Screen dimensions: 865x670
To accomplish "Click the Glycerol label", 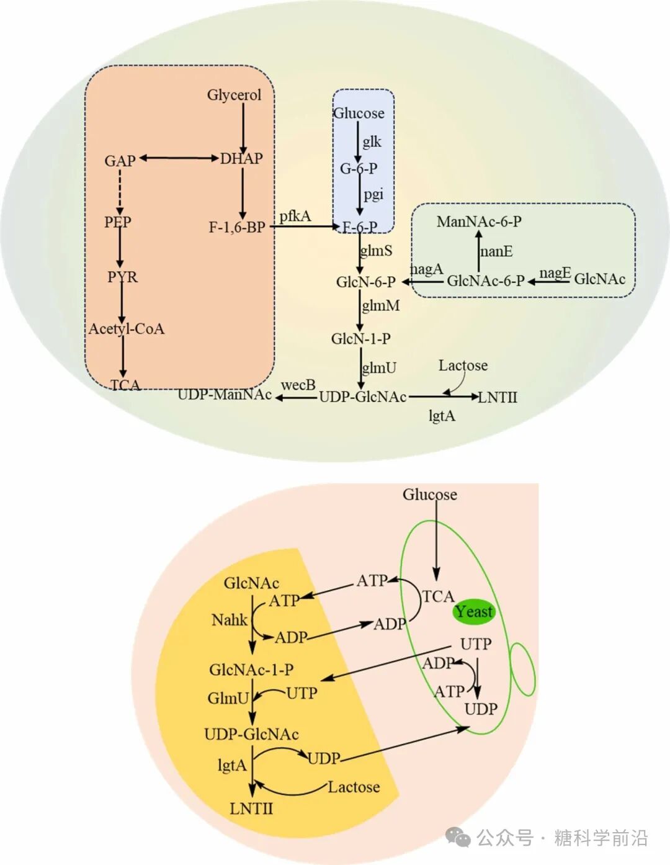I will point(234,95).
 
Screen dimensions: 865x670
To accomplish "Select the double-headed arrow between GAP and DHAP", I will point(179,158).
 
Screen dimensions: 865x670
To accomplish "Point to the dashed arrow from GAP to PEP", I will point(120,190).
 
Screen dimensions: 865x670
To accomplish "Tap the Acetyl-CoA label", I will point(127,328).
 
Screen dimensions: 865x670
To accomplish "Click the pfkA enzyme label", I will point(295,215).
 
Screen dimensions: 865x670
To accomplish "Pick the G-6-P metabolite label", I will point(358,168).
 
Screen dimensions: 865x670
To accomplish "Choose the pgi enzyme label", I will point(373,194).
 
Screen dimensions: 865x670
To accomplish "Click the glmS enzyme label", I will point(377,250).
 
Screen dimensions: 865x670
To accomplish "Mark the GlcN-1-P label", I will point(360,338).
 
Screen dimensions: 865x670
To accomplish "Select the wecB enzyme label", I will point(298,385).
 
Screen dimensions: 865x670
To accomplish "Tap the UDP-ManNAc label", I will point(225,395).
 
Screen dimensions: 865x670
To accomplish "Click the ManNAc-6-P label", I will point(479,222).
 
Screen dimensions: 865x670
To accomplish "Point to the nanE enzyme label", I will point(496,251).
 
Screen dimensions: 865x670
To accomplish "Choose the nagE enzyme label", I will point(555,273).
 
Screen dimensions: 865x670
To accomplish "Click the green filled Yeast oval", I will point(473,612).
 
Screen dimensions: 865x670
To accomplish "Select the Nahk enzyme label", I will point(229,619).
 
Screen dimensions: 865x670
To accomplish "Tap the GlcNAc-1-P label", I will point(251,670).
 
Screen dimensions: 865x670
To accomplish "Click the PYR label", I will point(122,276).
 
